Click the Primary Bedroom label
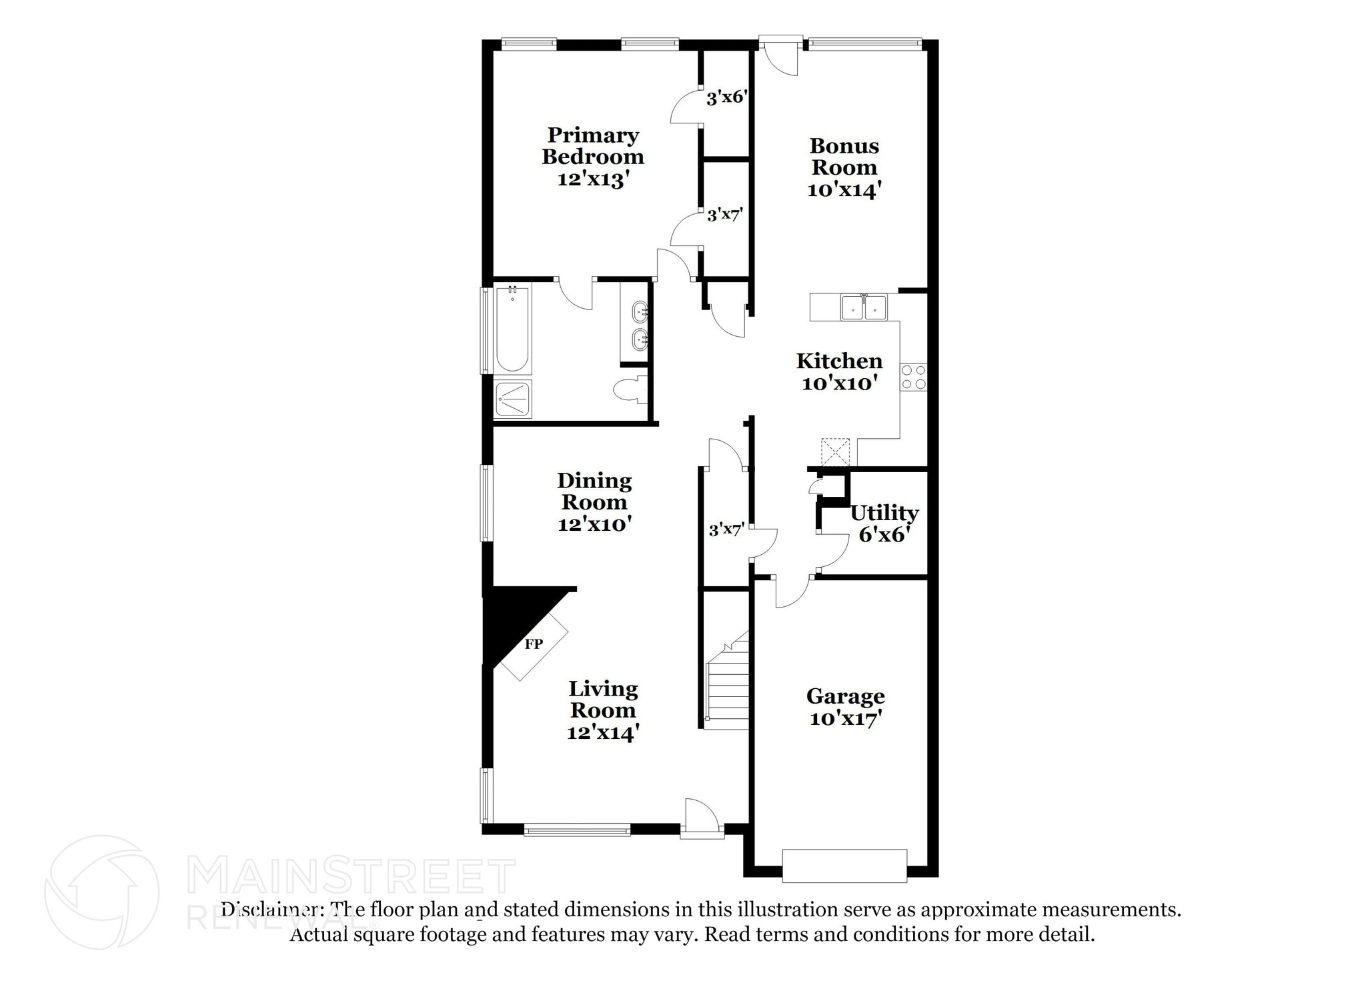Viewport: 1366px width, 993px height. (x=593, y=146)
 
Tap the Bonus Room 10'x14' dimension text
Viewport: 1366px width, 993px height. (x=844, y=190)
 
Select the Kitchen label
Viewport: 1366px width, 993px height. (x=839, y=361)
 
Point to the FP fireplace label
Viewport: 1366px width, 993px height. (x=534, y=644)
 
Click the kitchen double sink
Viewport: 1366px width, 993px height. (x=864, y=307)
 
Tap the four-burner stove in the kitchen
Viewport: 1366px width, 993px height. (x=913, y=377)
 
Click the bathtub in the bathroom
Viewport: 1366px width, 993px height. (x=512, y=329)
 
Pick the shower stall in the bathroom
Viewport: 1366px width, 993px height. (x=513, y=399)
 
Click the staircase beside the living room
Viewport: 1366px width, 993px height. (x=727, y=687)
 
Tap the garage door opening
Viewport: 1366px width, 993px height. (x=844, y=865)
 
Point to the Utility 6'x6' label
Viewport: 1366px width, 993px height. (x=884, y=523)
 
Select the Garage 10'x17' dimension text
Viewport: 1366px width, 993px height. (x=846, y=719)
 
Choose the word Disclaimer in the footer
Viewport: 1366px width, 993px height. (x=269, y=910)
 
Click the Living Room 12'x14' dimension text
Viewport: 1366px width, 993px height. (x=603, y=732)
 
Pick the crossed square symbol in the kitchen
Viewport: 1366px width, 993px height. (x=835, y=451)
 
